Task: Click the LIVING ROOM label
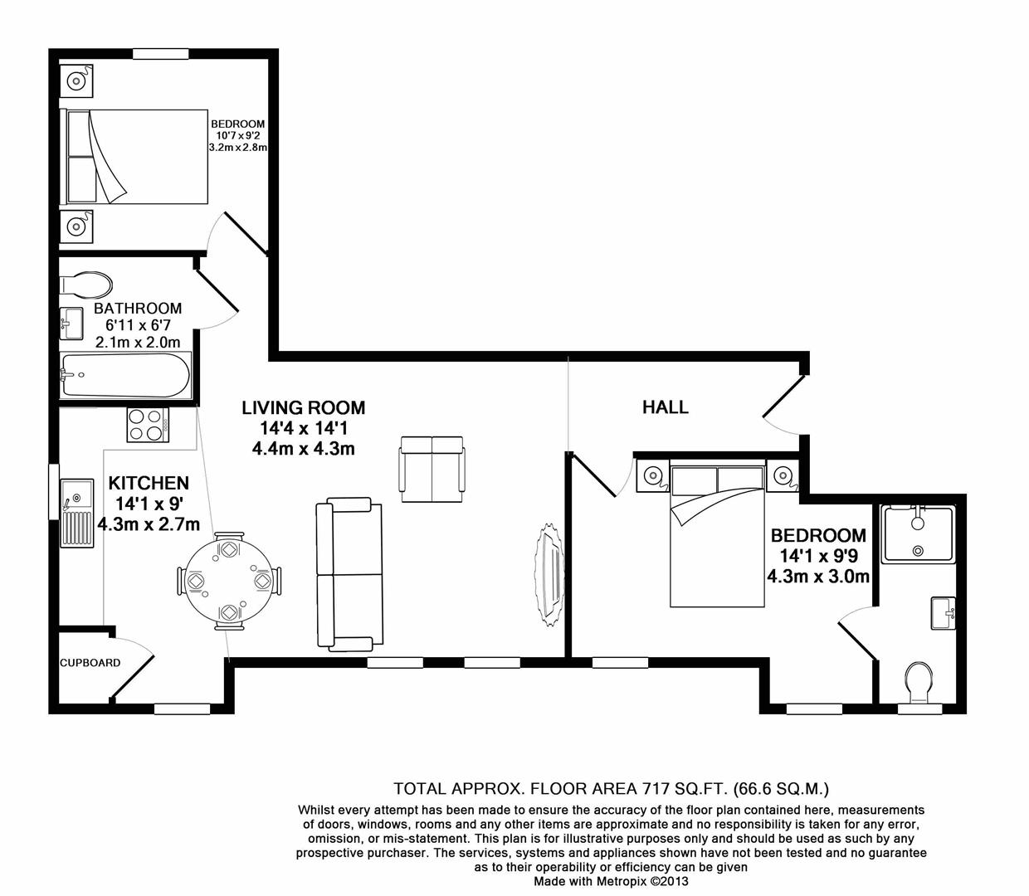303,407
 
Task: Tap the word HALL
665,407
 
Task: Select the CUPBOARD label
90,663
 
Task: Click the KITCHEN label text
149,483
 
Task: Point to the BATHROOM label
137,308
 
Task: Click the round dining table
228,581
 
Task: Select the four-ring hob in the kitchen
148,425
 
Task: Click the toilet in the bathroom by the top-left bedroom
85,285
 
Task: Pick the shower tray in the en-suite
918,535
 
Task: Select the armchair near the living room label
432,468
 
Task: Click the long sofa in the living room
348,574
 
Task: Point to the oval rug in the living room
549,574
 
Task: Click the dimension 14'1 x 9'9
817,557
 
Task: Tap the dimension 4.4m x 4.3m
303,449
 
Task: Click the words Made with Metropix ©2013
611,881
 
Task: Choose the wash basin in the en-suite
944,614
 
